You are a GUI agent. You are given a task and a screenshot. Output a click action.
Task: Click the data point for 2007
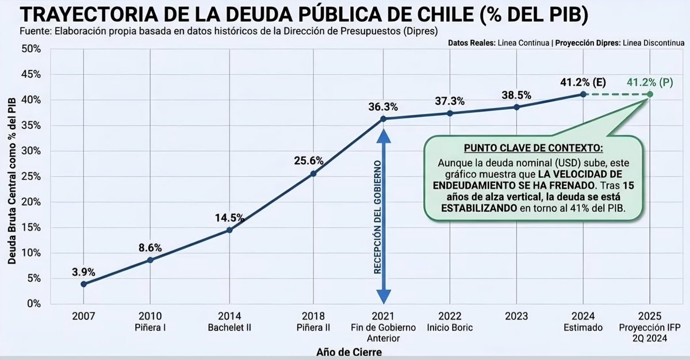coord(84,284)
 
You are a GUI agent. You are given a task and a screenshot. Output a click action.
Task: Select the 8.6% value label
coord(150,248)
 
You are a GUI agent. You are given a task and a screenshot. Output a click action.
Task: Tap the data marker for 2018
coord(313,174)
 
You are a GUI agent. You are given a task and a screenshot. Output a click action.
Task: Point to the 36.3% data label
coord(384,107)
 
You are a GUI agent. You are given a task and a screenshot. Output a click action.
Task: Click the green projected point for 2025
coord(650,94)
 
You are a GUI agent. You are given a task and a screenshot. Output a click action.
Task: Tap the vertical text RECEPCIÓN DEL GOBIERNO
coord(378,219)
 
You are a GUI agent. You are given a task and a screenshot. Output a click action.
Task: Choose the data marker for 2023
coord(516,107)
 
